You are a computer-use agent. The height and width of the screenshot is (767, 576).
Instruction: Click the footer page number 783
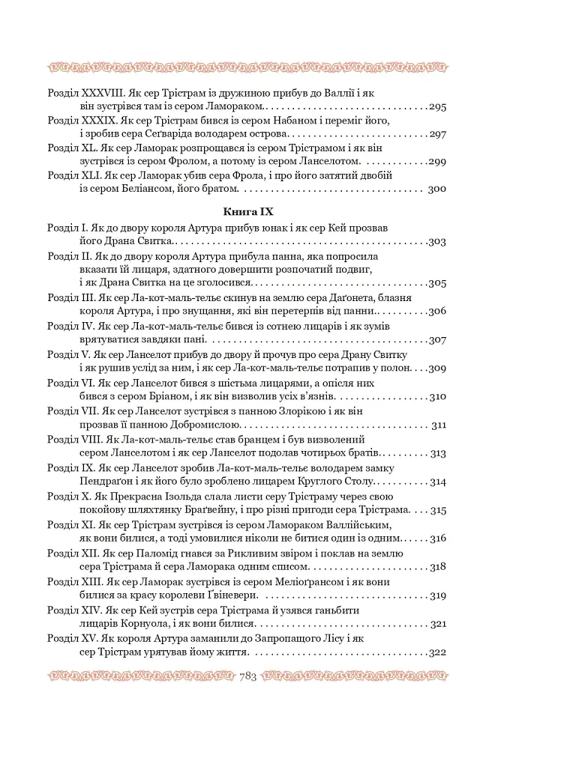tap(247, 676)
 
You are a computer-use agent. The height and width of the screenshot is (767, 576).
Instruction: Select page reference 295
tap(438, 107)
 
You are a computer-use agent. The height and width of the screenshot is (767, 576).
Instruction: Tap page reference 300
tap(437, 189)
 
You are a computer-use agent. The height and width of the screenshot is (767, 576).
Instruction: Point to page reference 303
tap(437, 241)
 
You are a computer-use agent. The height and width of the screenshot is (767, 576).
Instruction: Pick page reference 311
tap(439, 425)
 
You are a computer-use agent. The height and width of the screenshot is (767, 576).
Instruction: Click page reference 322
tap(437, 652)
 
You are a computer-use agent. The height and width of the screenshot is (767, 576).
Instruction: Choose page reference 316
tap(439, 538)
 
